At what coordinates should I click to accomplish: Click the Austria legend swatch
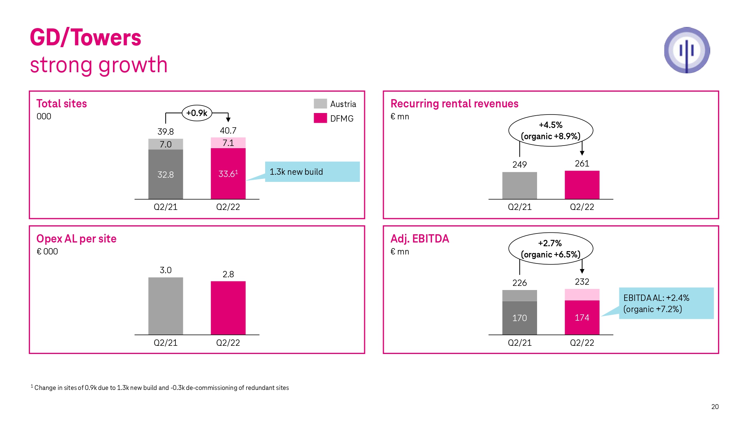pyautogui.click(x=320, y=104)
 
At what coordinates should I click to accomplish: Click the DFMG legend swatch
pyautogui.click(x=320, y=118)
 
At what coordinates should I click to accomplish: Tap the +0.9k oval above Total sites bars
pyautogui.click(x=197, y=113)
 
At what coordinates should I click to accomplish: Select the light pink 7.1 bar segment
pyautogui.click(x=228, y=143)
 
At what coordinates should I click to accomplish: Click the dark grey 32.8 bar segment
pyautogui.click(x=166, y=174)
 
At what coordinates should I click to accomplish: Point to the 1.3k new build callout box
pyautogui.click(x=312, y=172)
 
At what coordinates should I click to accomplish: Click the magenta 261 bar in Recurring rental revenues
pyautogui.click(x=582, y=185)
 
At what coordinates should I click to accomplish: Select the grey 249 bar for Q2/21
pyautogui.click(x=519, y=186)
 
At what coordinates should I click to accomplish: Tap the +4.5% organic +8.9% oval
pyautogui.click(x=551, y=130)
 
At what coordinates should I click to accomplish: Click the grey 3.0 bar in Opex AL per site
pyautogui.click(x=166, y=306)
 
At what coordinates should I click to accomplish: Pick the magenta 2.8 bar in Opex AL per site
pyautogui.click(x=228, y=308)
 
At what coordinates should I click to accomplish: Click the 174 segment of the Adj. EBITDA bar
pyautogui.click(x=582, y=317)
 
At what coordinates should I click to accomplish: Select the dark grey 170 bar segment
pyautogui.click(x=519, y=318)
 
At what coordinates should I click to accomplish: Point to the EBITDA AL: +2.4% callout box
pyautogui.click(x=666, y=303)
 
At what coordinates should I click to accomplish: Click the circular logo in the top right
pyautogui.click(x=687, y=50)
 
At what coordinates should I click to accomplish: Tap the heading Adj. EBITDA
pyautogui.click(x=420, y=239)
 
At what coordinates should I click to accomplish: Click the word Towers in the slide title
pyautogui.click(x=106, y=38)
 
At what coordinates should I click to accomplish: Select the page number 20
pyautogui.click(x=715, y=407)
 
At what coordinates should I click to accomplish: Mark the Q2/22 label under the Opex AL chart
pyautogui.click(x=228, y=343)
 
